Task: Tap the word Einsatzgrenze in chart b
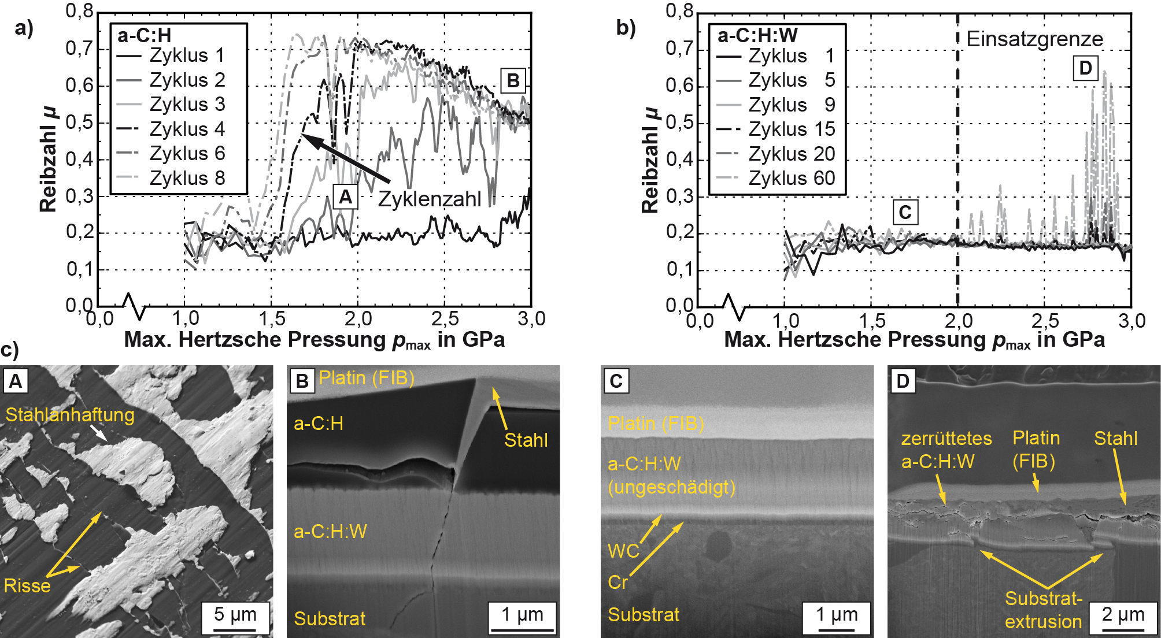click(1034, 39)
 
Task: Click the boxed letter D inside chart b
click(1085, 68)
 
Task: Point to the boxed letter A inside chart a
click(345, 197)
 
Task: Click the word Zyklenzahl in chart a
click(429, 199)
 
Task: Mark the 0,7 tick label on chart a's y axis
click(79, 49)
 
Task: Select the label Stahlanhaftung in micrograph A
click(70, 415)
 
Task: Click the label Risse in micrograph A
click(27, 586)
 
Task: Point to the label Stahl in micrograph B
click(526, 440)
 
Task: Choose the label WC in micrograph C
click(623, 551)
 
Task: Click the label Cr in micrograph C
click(618, 582)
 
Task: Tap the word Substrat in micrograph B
click(330, 619)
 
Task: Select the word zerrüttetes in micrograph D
click(946, 439)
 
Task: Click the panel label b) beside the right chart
click(626, 28)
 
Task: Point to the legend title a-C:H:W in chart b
click(757, 36)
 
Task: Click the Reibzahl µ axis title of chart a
click(49, 159)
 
